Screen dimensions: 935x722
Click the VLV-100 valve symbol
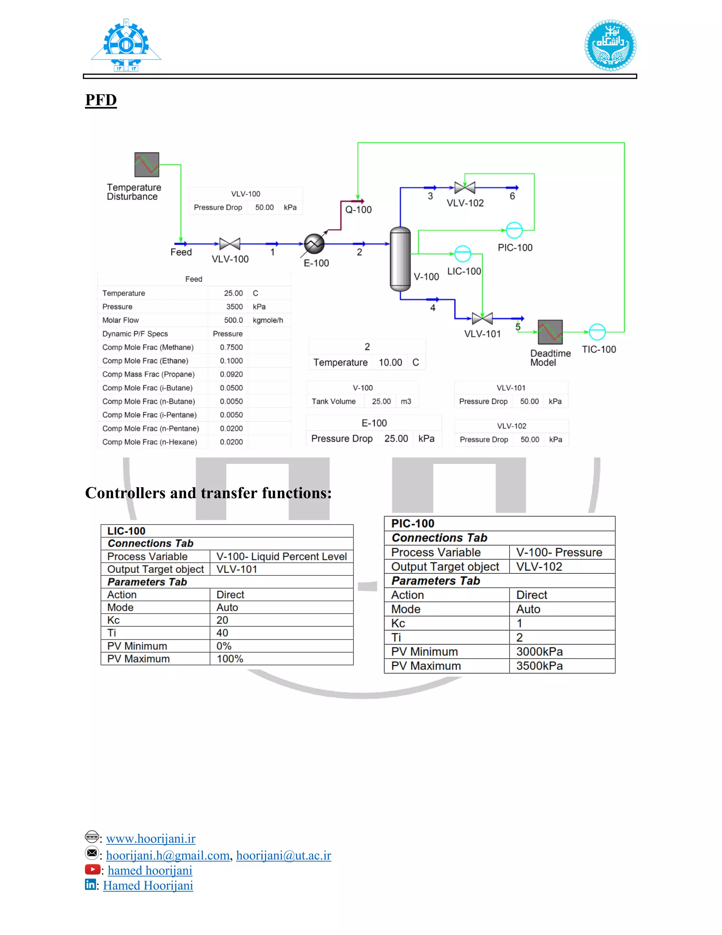click(230, 243)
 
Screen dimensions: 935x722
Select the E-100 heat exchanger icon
click(314, 243)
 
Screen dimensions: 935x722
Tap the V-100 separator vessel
click(400, 259)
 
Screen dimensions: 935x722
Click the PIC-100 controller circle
click(514, 230)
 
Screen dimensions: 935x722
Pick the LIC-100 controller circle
click(463, 254)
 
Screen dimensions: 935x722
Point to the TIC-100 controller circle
click(597, 332)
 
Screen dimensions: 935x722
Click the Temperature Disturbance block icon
click(147, 165)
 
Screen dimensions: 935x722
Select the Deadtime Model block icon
click(550, 332)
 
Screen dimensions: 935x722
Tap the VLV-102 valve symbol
click(465, 187)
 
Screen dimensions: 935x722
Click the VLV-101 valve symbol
click(482, 318)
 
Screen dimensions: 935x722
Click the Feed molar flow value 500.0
click(233, 320)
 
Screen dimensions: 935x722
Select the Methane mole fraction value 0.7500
click(231, 347)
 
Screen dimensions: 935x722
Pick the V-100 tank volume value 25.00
click(381, 402)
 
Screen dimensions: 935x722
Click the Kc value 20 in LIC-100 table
click(222, 620)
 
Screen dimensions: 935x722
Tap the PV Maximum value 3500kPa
click(539, 666)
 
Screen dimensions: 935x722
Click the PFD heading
click(101, 100)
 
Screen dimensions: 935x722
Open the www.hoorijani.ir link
click(151, 838)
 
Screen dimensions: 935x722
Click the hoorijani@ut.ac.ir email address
click(283, 855)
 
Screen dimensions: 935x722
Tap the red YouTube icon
click(92, 869)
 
